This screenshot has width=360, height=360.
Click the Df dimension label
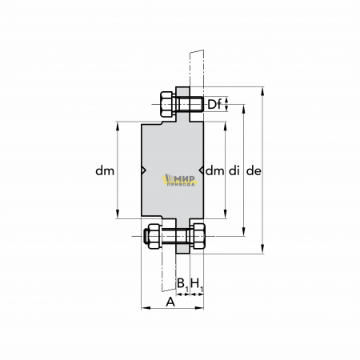pos(214,104)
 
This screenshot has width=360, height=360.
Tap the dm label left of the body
pos(105,170)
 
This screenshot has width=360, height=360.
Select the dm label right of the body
pos(214,170)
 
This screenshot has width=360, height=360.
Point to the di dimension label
pos(234,170)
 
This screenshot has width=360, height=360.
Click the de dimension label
pos(254,170)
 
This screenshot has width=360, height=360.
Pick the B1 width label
pos(182,284)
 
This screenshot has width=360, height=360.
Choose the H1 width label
pos(197,284)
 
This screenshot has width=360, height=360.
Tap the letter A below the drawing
pos(170,302)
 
